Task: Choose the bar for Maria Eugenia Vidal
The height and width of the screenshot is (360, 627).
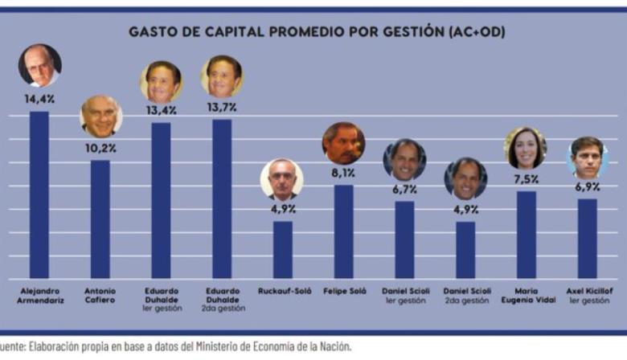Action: [x=527, y=234]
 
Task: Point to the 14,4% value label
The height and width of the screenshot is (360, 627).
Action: [x=39, y=99]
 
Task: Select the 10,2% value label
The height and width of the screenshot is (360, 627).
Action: [x=100, y=148]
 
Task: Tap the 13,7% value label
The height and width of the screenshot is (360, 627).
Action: [x=222, y=107]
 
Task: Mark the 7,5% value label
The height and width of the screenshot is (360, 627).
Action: [x=527, y=179]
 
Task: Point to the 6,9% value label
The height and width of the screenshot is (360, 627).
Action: [x=587, y=186]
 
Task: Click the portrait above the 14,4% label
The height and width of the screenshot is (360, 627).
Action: [x=39, y=66]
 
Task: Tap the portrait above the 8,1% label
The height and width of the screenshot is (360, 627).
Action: [x=343, y=143]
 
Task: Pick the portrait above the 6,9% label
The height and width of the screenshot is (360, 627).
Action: [x=587, y=157]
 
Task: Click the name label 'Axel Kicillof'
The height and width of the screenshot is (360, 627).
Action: [x=587, y=291]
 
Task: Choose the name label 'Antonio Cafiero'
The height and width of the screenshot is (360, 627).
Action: [x=100, y=295]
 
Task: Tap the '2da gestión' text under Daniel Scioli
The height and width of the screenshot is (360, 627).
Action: [x=465, y=301]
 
